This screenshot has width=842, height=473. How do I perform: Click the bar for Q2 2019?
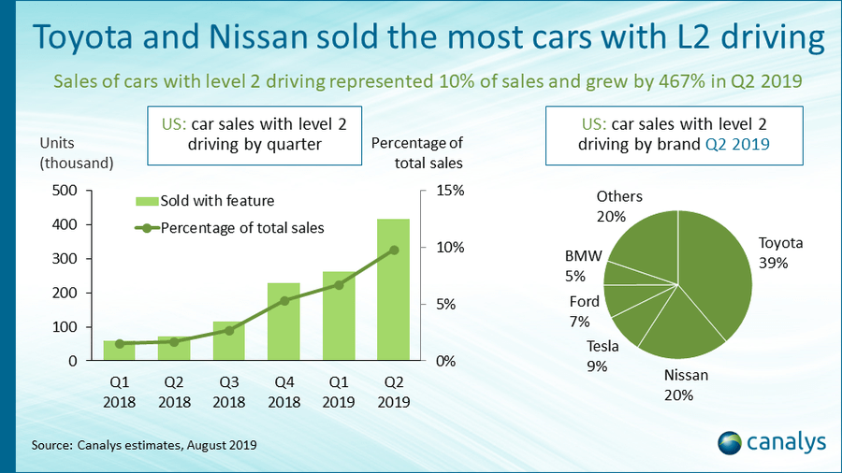[x=393, y=299]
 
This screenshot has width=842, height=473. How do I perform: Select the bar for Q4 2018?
[x=283, y=322]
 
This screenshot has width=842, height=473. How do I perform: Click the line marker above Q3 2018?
[x=229, y=330]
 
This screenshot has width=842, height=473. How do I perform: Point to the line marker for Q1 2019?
[x=339, y=284]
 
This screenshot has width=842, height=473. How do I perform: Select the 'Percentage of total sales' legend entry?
[x=229, y=228]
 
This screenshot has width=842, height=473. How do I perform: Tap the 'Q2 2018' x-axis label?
[x=174, y=394]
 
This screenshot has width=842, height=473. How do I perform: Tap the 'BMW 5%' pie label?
[x=575, y=265]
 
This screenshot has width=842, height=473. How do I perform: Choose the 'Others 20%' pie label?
[x=618, y=206]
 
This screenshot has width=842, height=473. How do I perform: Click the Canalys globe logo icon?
[x=731, y=440]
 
